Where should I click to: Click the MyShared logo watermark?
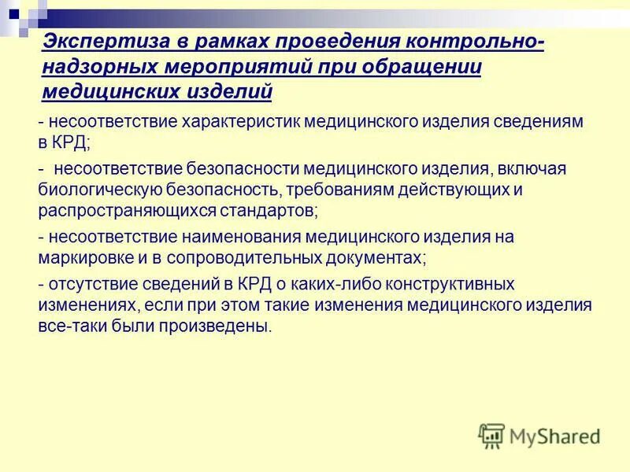(x=539, y=435)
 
